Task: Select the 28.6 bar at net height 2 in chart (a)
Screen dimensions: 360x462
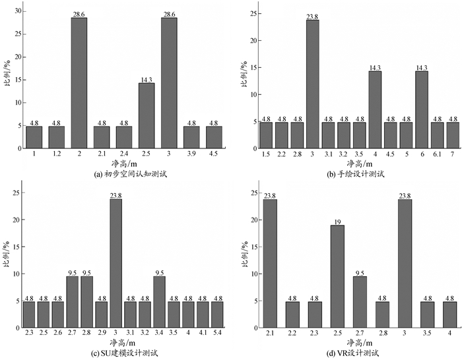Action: coord(79,82)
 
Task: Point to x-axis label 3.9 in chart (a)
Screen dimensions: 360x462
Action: coord(191,153)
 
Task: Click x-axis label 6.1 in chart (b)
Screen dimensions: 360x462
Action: coord(436,153)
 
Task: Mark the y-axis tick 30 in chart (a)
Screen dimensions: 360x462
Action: coord(17,11)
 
